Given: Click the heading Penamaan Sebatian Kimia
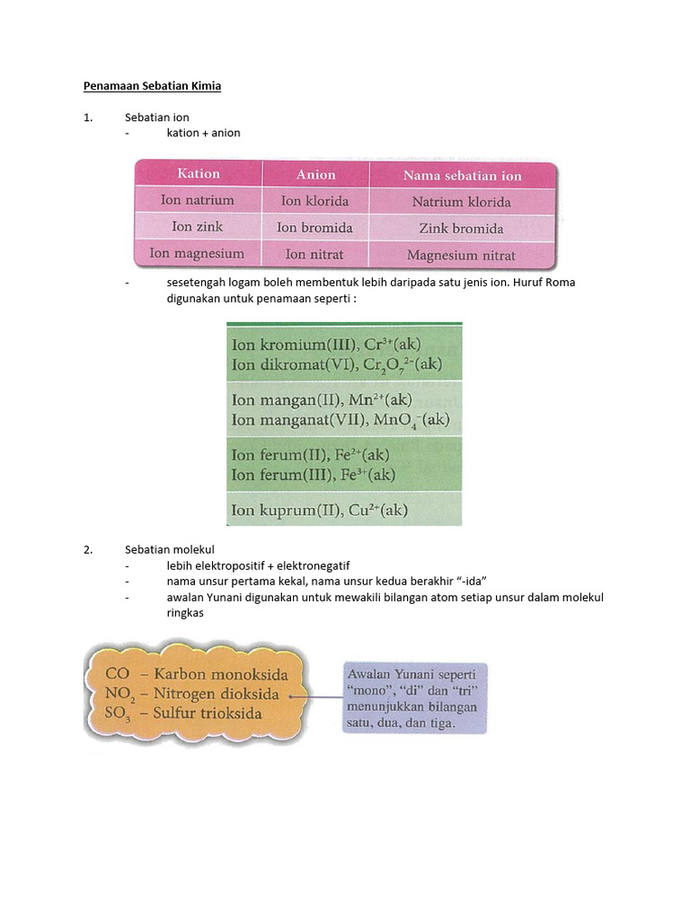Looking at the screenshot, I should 152,86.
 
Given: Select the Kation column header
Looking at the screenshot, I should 198,173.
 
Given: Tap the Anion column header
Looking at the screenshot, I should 315,175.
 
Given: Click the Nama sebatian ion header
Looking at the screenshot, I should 463,176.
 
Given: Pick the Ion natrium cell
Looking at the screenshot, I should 198,200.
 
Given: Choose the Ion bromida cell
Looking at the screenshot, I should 315,228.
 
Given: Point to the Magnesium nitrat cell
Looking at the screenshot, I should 461,255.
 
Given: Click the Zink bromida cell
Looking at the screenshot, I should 461,228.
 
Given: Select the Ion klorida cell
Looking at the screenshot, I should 315,201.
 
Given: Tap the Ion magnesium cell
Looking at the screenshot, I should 198,254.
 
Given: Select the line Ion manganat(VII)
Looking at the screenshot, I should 341,420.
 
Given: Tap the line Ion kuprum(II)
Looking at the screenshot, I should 320,511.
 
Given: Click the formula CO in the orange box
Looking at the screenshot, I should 118,673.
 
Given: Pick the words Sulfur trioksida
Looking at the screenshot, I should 208,713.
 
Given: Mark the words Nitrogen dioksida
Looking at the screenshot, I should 216,694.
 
